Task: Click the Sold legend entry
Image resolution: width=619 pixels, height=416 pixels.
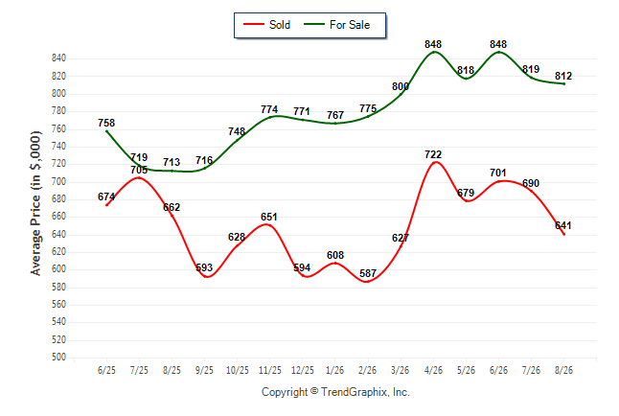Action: pos(267,25)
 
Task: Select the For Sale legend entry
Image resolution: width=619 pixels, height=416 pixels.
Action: pos(336,25)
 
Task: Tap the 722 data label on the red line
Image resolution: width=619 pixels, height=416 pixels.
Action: pos(433,154)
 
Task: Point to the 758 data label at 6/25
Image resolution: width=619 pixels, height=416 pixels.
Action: pos(106,123)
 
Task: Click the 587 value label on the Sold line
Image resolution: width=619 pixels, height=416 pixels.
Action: pos(368,273)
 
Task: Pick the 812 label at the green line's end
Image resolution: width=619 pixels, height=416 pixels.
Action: pos(563,76)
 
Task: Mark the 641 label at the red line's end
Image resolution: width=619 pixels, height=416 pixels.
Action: pos(563,225)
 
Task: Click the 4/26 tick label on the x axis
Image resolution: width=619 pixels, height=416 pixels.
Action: pos(433,370)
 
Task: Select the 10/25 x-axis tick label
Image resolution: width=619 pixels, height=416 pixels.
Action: pos(238,370)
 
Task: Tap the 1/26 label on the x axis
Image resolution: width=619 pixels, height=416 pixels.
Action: pos(335,370)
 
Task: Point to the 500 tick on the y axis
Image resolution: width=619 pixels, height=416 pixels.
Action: pos(58,358)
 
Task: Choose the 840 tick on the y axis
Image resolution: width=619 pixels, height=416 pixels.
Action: pos(58,58)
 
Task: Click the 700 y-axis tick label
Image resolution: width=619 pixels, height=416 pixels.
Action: pos(58,182)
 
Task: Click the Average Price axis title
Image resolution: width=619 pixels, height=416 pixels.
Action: pos(35,203)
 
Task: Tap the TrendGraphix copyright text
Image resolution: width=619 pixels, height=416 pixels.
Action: pos(335,392)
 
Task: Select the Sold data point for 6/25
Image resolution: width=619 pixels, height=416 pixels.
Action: pos(106,205)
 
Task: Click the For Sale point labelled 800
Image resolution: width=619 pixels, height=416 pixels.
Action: pos(401,93)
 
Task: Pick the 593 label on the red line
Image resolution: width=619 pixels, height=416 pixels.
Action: pos(204,267)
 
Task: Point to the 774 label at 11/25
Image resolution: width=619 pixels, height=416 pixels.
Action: pos(269,109)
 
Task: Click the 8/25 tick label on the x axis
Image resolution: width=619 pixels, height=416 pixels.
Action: pos(172,370)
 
